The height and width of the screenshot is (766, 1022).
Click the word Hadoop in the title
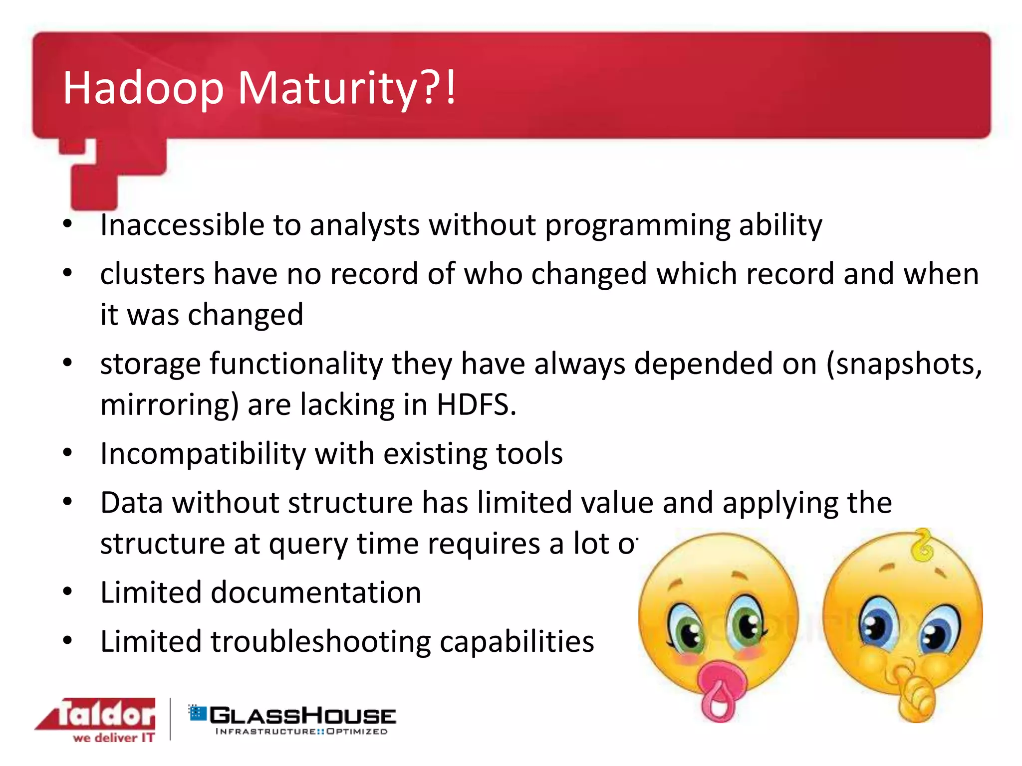coord(143,89)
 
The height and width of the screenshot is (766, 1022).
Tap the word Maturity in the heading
coord(327,89)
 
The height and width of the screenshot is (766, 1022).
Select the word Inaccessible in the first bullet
coord(182,225)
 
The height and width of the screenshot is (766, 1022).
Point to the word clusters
coord(152,274)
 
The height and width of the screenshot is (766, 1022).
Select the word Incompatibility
coord(203,454)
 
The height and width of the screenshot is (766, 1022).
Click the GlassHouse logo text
coord(302,716)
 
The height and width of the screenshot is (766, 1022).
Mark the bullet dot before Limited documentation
coord(68,591)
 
